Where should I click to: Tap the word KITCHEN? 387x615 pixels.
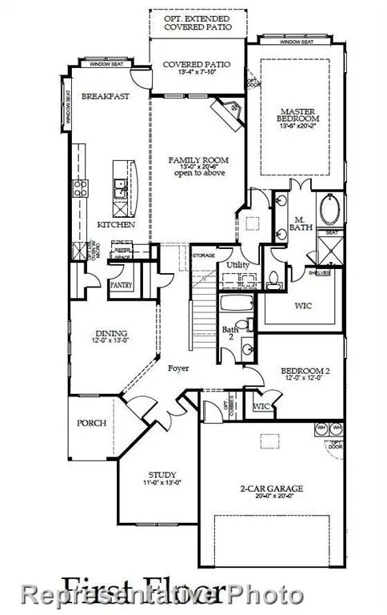pyautogui.click(x=115, y=225)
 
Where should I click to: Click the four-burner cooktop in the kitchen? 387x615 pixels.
pyautogui.click(x=82, y=189)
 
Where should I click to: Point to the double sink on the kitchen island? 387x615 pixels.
pyautogui.click(x=120, y=189)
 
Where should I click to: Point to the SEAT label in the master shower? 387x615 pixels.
pyautogui.click(x=329, y=233)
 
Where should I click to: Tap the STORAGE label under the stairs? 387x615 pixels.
pyautogui.click(x=203, y=255)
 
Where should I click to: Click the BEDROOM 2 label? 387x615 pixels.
pyautogui.click(x=301, y=371)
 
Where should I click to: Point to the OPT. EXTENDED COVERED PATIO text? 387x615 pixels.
pyautogui.click(x=197, y=22)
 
